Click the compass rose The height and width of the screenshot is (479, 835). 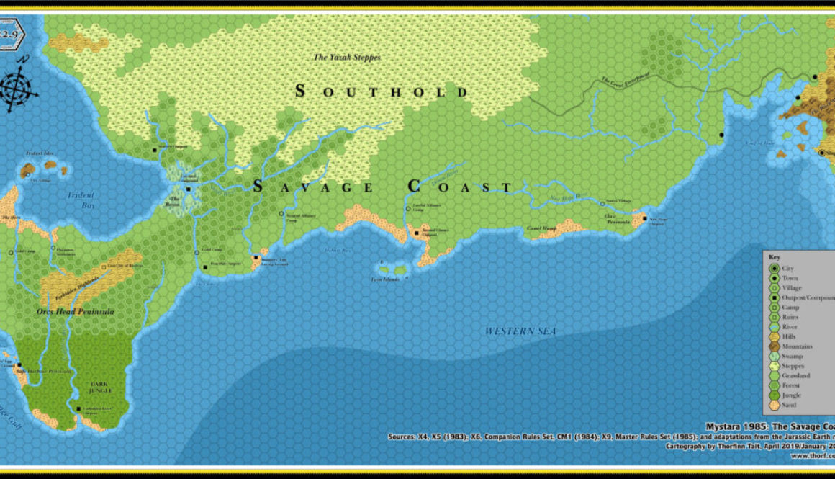click(x=19, y=85)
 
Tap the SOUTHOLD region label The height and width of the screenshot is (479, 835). click(x=382, y=91)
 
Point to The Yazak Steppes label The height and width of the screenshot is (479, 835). click(x=346, y=57)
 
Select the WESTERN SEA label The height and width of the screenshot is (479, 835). click(x=520, y=331)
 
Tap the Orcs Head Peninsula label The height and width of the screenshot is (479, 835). click(x=76, y=312)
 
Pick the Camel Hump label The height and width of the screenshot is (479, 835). click(x=541, y=228)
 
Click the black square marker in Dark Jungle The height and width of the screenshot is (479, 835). click(x=78, y=409)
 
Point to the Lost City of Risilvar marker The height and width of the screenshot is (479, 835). click(x=104, y=267)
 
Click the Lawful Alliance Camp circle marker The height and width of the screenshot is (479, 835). click(x=408, y=209)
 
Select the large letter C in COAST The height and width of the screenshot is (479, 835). click(x=414, y=186)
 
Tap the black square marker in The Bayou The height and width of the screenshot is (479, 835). click(x=188, y=189)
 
